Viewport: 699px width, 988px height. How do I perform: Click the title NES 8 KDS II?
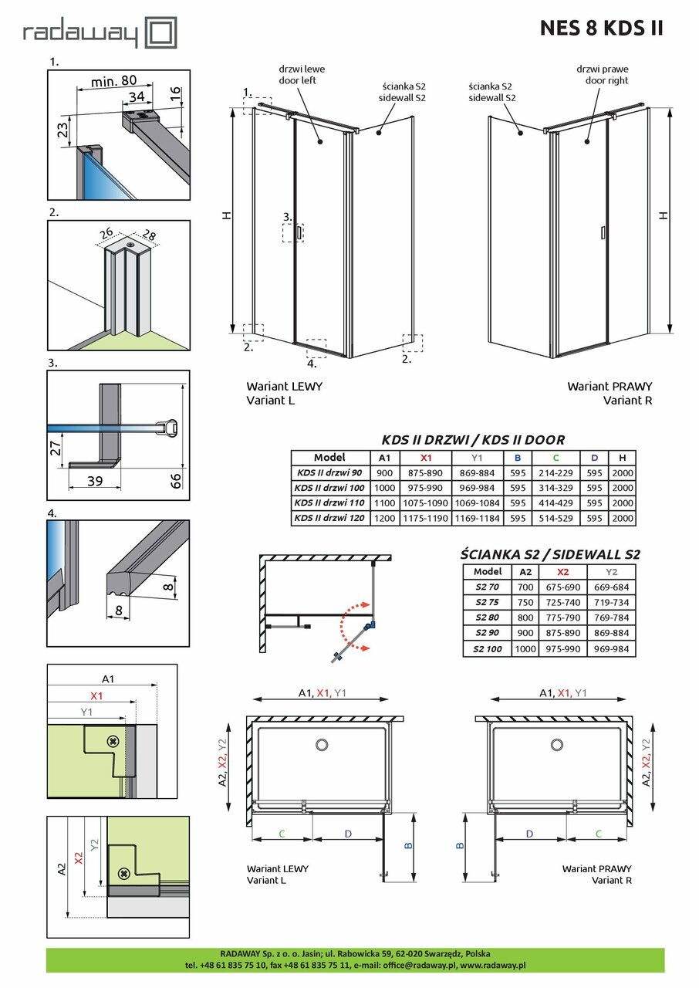601,29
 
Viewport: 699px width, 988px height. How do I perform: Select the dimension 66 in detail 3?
176,481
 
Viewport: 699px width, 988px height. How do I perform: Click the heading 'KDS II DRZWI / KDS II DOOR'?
473,440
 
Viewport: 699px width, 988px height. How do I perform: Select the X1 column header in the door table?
425,458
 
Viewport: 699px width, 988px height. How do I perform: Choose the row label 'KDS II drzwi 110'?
331,503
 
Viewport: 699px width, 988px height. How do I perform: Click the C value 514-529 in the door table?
555,518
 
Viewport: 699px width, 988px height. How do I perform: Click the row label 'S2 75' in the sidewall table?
488,603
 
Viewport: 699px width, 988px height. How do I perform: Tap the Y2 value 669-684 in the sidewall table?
612,587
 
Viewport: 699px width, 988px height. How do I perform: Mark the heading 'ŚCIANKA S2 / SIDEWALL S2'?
550,554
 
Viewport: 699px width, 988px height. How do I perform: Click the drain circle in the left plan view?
322,745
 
